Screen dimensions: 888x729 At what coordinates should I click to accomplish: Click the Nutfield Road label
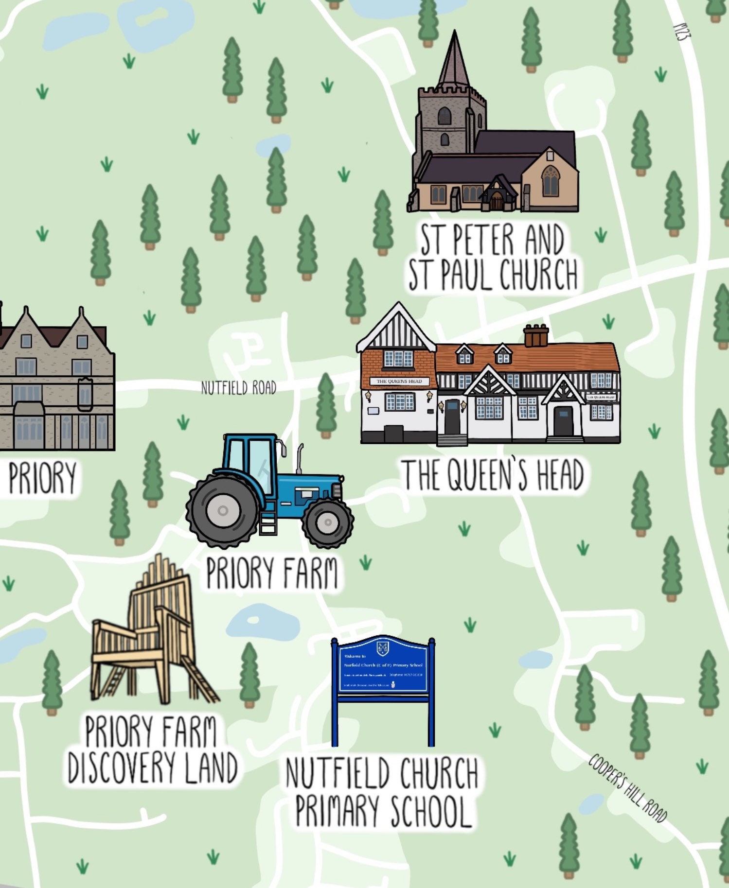click(x=238, y=388)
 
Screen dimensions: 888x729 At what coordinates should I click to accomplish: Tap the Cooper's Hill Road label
click(x=627, y=788)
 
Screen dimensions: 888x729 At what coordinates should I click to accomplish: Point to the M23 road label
click(x=682, y=32)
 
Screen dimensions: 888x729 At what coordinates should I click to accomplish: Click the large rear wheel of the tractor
click(x=223, y=510)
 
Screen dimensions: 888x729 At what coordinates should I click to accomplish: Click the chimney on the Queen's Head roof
click(x=536, y=335)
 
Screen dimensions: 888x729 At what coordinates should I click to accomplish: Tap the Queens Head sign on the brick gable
click(x=399, y=382)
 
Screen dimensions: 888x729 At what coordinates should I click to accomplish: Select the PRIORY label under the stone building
click(x=42, y=478)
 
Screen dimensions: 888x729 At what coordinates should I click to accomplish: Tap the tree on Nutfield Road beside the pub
click(x=326, y=405)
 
